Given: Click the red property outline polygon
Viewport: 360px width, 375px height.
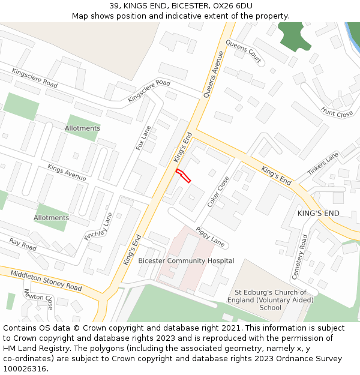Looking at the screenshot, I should [x=184, y=176].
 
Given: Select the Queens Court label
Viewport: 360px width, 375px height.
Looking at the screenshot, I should [x=244, y=53].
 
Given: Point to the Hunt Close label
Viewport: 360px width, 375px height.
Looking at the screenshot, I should [x=337, y=112].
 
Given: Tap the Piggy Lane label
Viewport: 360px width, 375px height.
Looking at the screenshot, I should [x=210, y=237].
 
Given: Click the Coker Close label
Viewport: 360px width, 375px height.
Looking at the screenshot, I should [x=218, y=191].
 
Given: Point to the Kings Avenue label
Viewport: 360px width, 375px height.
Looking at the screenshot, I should [x=67, y=173].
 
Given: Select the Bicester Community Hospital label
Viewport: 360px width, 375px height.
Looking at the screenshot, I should [x=186, y=261].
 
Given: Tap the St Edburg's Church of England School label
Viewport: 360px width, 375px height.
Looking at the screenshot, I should [x=262, y=300].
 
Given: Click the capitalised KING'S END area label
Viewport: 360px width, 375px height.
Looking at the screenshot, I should [x=318, y=214].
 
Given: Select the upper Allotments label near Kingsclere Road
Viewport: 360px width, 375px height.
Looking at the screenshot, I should [x=82, y=128].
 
